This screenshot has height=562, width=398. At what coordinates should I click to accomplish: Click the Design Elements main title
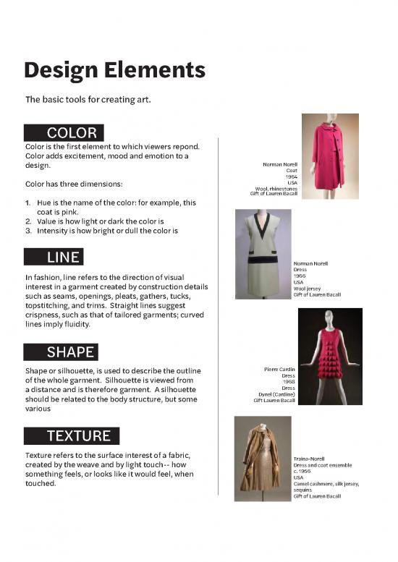(x=114, y=71)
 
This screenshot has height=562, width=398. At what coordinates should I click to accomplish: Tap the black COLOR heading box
(x=64, y=133)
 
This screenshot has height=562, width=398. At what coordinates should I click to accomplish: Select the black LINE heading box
(x=54, y=257)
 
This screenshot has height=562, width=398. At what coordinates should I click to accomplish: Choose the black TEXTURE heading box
(x=72, y=435)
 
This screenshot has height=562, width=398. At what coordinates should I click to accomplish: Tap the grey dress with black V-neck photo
(x=263, y=253)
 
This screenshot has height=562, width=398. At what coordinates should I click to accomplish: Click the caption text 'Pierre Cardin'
(x=280, y=370)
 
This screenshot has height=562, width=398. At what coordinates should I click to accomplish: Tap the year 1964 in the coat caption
(x=291, y=176)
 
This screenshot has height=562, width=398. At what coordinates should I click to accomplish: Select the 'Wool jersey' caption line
(x=307, y=289)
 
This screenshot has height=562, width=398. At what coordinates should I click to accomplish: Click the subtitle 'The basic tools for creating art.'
(x=88, y=99)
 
